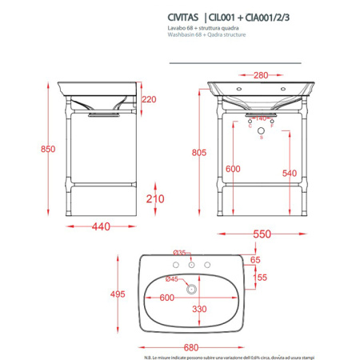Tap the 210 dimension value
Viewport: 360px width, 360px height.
click(x=156, y=198)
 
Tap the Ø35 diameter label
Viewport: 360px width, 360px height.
click(x=181, y=253)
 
